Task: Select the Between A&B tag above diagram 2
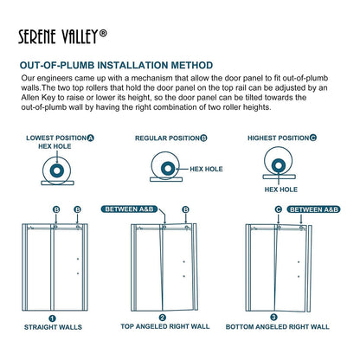(153, 209)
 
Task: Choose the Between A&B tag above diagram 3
(307, 209)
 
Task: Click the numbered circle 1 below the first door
(52, 318)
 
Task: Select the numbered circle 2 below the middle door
(163, 318)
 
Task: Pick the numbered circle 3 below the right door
(274, 318)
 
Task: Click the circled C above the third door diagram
(277, 209)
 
